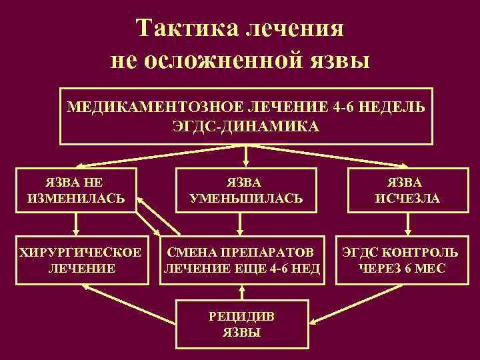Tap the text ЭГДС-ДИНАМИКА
(x=246, y=126)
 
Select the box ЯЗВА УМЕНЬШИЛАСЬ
(x=245, y=190)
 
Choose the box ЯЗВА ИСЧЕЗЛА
(x=405, y=190)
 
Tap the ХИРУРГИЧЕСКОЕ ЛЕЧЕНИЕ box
(x=81, y=261)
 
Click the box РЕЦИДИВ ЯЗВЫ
(x=243, y=323)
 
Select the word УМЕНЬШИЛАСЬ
(x=245, y=198)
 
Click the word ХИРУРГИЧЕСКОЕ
(x=81, y=253)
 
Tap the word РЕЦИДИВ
(x=243, y=316)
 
